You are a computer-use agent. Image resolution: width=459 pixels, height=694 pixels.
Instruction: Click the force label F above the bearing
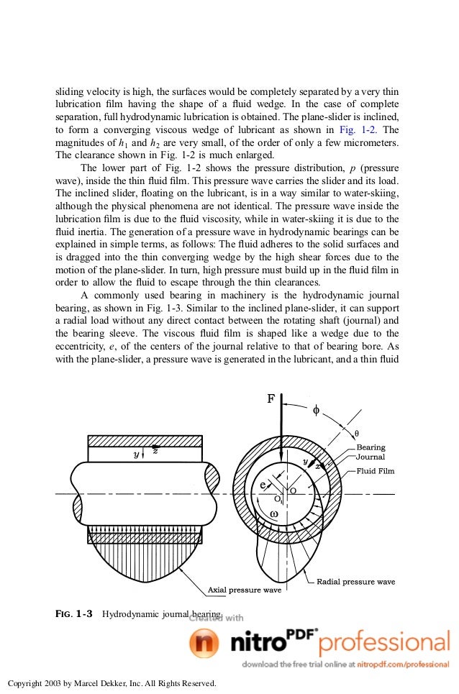tap(271, 400)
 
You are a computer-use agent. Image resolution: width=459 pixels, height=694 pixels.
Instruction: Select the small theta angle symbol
tap(357, 433)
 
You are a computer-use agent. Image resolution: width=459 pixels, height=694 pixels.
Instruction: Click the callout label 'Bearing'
tap(371, 447)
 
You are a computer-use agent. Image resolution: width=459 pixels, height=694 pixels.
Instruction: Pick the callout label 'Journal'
tap(371, 457)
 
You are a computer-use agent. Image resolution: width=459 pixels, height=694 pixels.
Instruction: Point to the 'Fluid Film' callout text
tap(376, 471)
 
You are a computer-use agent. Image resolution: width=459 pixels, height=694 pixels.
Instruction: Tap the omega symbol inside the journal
tap(274, 513)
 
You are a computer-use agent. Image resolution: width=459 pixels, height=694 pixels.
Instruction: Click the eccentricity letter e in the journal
tap(264, 484)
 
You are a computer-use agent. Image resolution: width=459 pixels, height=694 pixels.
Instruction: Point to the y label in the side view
tap(136, 454)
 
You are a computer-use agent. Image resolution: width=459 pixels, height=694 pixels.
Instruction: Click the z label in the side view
tap(155, 451)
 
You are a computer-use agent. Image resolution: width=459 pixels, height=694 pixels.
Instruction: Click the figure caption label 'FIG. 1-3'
tap(74, 614)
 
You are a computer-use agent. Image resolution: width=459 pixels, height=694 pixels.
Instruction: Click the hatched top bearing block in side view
tap(145, 441)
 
